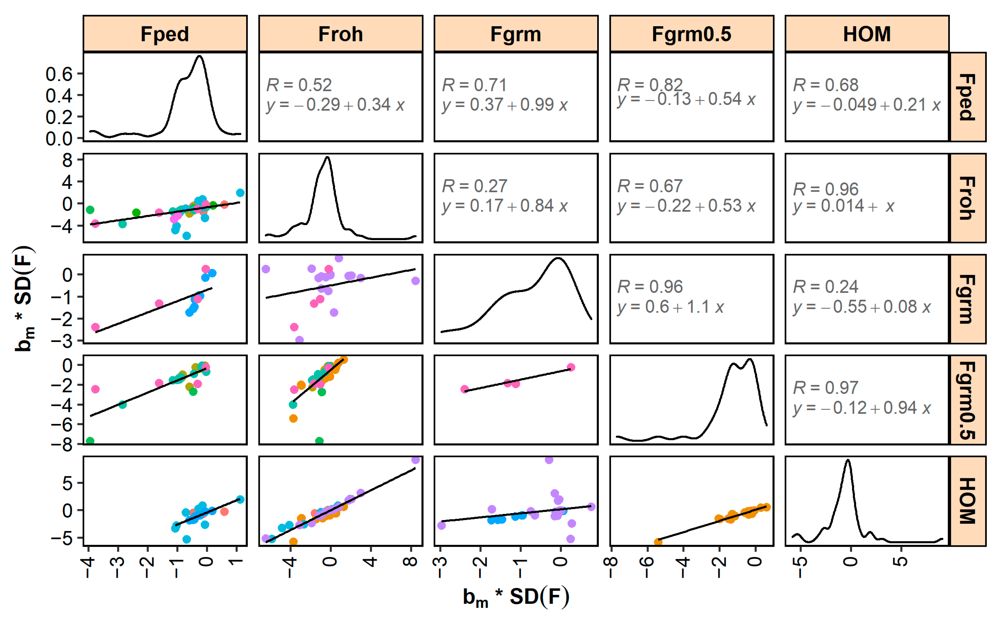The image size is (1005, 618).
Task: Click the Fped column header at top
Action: point(165,34)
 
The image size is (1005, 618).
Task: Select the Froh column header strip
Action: point(340,34)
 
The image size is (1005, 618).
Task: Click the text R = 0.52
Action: point(299,85)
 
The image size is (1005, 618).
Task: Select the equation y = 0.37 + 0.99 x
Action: point(504,105)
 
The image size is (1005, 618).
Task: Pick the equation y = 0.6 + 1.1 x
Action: point(670,307)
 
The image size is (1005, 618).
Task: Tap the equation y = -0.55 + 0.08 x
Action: point(862,307)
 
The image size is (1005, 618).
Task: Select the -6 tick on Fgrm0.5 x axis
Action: point(647,566)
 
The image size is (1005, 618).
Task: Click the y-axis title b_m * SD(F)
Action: point(25,299)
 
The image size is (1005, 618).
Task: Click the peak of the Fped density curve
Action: point(200,56)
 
